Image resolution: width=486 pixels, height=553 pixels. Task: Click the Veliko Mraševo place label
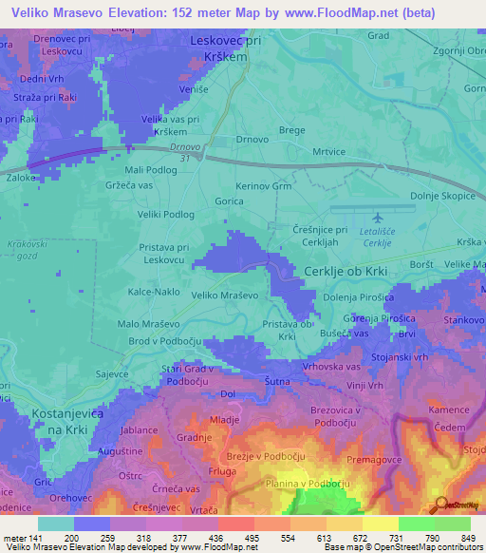(x=225, y=296)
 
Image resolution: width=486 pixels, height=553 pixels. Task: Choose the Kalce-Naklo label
(x=155, y=293)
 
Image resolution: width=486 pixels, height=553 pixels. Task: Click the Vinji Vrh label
(x=364, y=385)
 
